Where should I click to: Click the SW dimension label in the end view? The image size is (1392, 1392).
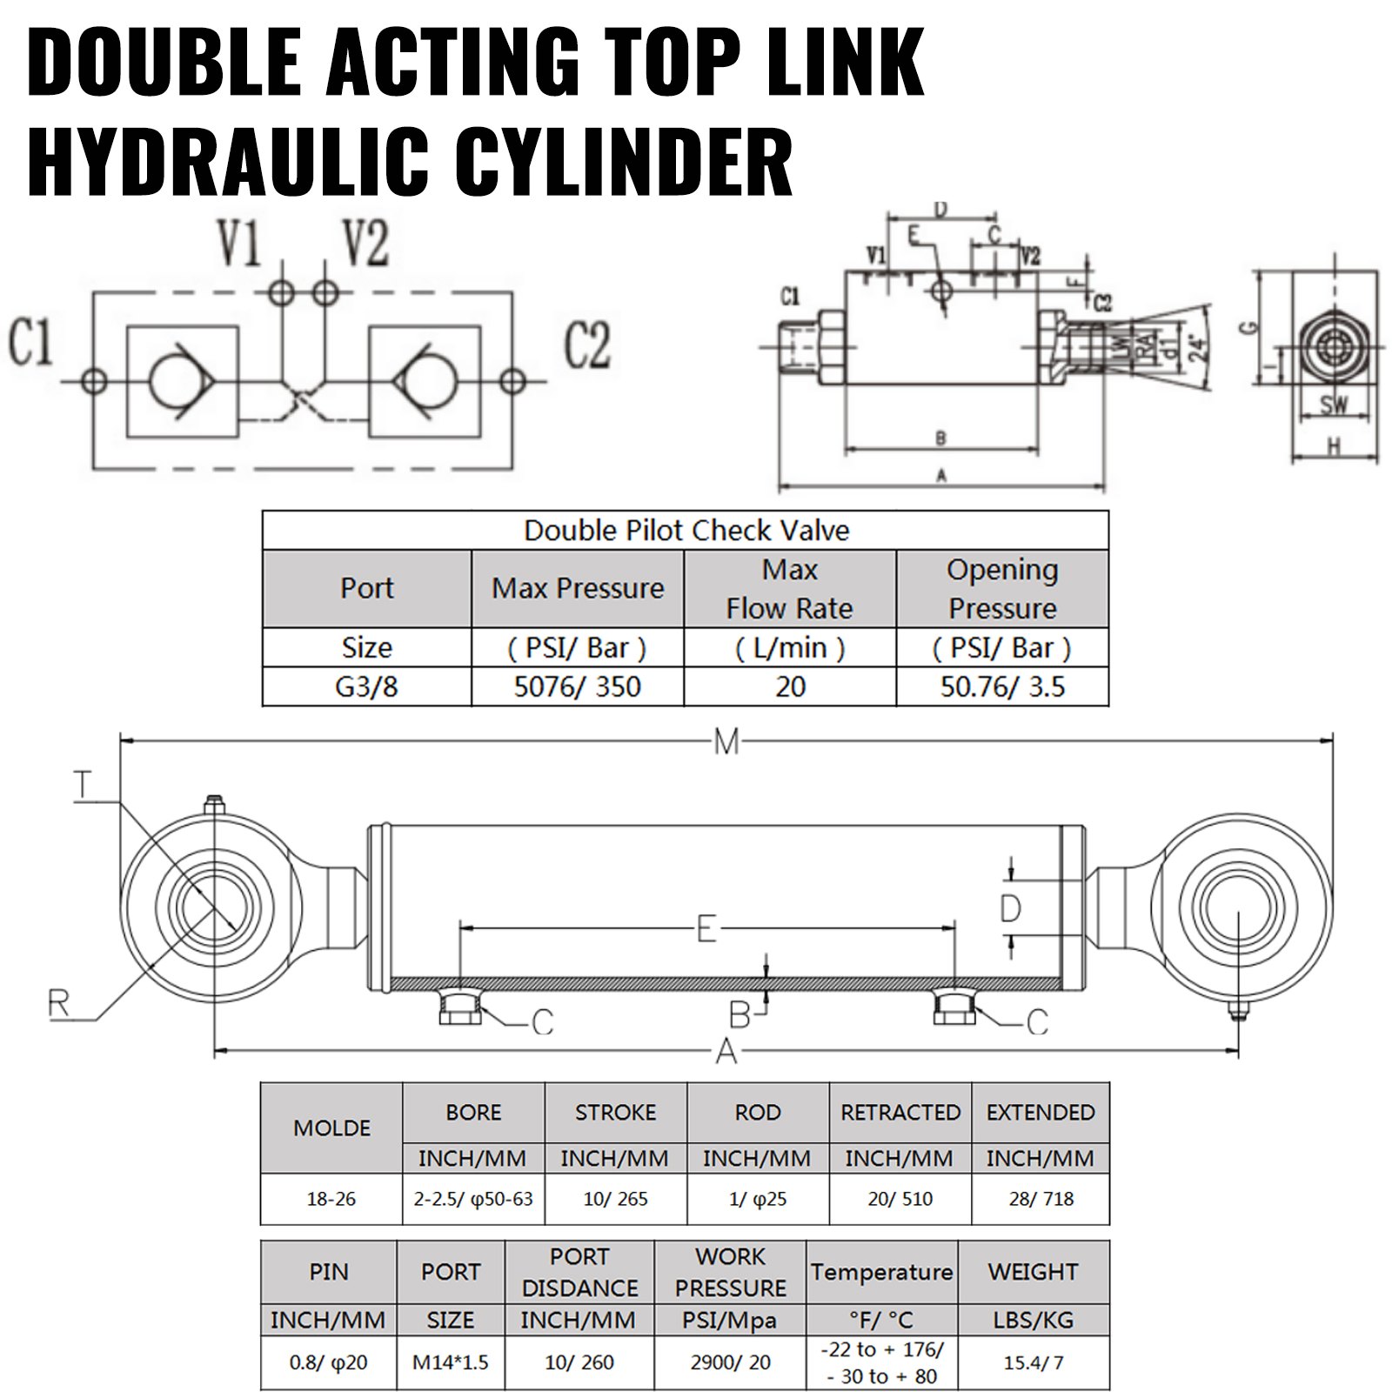1334,406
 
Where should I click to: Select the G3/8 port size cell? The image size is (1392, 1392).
366,686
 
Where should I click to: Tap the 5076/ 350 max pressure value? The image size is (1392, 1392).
578,686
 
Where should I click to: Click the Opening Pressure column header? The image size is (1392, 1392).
1002,588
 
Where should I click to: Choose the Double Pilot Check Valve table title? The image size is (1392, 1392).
686,530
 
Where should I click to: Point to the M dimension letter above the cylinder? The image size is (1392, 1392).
726,742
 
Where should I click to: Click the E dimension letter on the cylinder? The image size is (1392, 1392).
706,929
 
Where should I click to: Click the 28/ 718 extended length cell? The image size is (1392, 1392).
1041,1198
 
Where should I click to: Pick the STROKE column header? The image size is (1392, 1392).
615,1112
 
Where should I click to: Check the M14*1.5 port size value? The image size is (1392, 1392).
451,1362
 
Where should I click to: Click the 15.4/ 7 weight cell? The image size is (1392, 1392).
1034,1362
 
